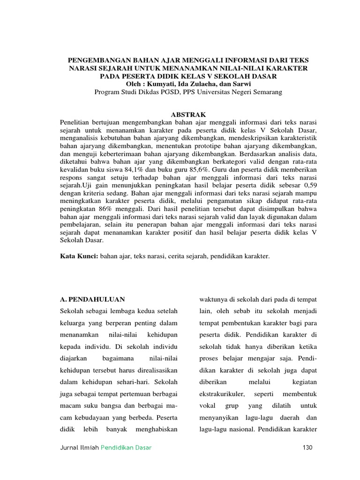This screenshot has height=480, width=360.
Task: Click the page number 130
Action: point(307,448)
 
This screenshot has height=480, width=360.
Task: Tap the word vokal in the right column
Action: point(207,404)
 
